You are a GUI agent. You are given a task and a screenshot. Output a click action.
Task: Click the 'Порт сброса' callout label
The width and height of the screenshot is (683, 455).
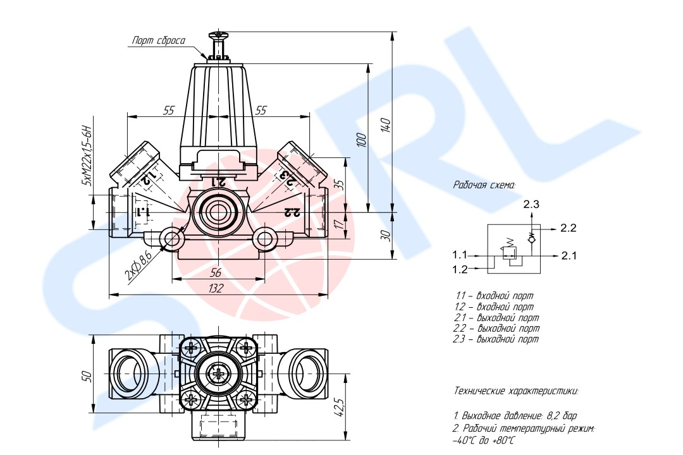point(158,41)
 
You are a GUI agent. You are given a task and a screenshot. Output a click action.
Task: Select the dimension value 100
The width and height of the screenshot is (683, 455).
point(361,140)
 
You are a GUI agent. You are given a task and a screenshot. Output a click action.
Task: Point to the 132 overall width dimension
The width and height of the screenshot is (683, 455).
point(216,288)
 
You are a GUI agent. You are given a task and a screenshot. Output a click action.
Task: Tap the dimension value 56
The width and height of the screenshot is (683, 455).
point(216,272)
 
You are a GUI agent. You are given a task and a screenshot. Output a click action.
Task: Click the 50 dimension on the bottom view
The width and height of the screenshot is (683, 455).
point(88,376)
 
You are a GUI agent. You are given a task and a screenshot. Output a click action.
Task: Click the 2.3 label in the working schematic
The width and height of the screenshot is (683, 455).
point(531,204)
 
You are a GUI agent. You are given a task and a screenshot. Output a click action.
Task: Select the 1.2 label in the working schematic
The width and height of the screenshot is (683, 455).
point(459,270)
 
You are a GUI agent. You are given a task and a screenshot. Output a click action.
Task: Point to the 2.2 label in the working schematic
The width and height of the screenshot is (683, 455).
point(569,228)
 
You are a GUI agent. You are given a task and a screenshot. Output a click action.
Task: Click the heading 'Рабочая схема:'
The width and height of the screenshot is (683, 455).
point(484,185)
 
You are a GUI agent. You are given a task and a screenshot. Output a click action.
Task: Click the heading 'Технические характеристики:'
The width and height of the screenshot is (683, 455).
point(516,391)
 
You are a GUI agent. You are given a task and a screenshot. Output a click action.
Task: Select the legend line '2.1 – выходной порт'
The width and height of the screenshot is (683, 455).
point(497,318)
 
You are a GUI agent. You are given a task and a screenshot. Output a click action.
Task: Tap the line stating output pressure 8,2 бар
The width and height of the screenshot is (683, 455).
point(515,415)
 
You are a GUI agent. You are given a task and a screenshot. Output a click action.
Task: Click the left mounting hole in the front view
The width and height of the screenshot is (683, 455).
point(170,238)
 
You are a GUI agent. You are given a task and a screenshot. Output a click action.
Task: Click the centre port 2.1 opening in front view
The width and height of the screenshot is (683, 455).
point(217,213)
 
